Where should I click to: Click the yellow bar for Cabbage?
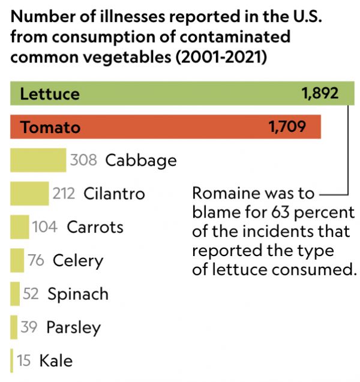[38, 161]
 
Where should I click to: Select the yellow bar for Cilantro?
[29, 194]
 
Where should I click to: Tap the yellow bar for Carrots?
[20, 227]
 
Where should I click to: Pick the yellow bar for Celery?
[17, 261]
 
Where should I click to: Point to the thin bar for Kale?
[11, 360]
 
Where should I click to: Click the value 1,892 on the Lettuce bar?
[320, 94]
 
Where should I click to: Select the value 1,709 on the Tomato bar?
[287, 127]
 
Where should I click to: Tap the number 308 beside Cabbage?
[83, 161]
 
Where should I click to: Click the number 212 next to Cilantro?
[64, 194]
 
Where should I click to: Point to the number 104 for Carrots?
[46, 227]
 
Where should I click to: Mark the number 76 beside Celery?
[36, 261]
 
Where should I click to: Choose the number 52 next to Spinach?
[31, 294]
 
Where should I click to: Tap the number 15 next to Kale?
[24, 360]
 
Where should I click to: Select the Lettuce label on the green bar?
[49, 94]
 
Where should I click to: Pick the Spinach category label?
[78, 294]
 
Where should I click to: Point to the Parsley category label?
[73, 327]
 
